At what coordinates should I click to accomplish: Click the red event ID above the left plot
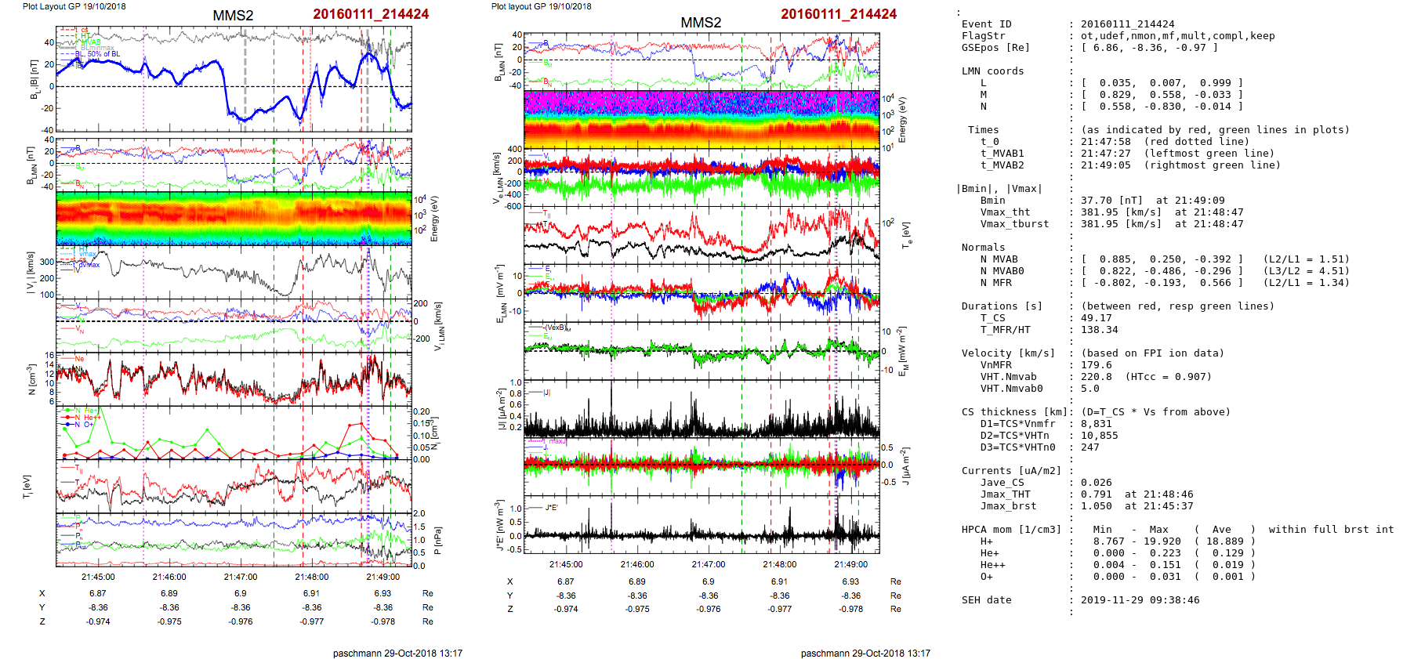click(371, 14)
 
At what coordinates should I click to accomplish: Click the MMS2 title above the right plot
click(701, 23)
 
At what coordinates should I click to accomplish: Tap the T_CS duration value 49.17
click(1096, 318)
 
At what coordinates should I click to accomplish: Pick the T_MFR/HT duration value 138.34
click(1099, 330)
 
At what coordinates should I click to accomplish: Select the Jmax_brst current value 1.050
click(1096, 506)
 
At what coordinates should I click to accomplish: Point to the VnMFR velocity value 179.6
click(1096, 365)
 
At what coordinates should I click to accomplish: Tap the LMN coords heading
click(992, 71)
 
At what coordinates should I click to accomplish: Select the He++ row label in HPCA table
click(992, 565)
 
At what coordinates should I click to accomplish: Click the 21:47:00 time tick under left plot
click(240, 577)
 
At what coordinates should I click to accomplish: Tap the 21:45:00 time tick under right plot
click(566, 564)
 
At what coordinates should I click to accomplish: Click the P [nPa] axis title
click(437, 540)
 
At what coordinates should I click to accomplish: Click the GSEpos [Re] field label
click(995, 48)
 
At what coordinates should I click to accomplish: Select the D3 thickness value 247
click(1090, 447)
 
